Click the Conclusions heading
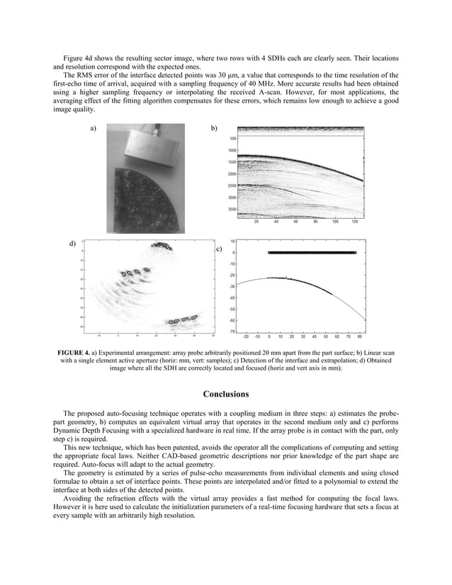point(225,394)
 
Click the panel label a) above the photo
point(94,129)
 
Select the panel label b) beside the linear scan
point(215,129)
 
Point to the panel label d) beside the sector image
point(72,244)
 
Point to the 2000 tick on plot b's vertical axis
point(232,174)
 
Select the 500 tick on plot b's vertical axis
point(234,139)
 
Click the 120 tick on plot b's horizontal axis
point(355,221)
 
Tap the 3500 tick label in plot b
point(232,210)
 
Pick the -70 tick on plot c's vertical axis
point(232,331)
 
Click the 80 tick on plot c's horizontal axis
point(360,337)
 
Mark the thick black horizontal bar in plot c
point(312,252)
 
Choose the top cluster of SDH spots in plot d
point(164,247)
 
